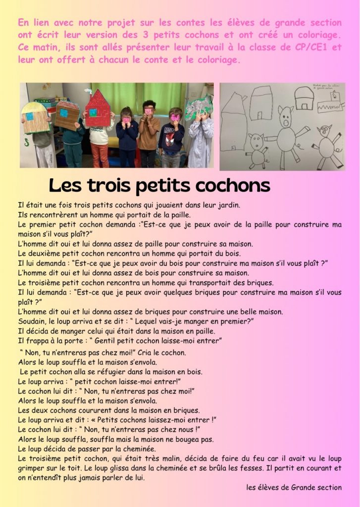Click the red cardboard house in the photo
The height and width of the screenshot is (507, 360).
coord(98,108)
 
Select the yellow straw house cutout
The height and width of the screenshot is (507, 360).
coord(35,118)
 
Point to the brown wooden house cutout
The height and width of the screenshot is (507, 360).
coord(67,115)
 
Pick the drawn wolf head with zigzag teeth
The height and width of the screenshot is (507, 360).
coord(331,104)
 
